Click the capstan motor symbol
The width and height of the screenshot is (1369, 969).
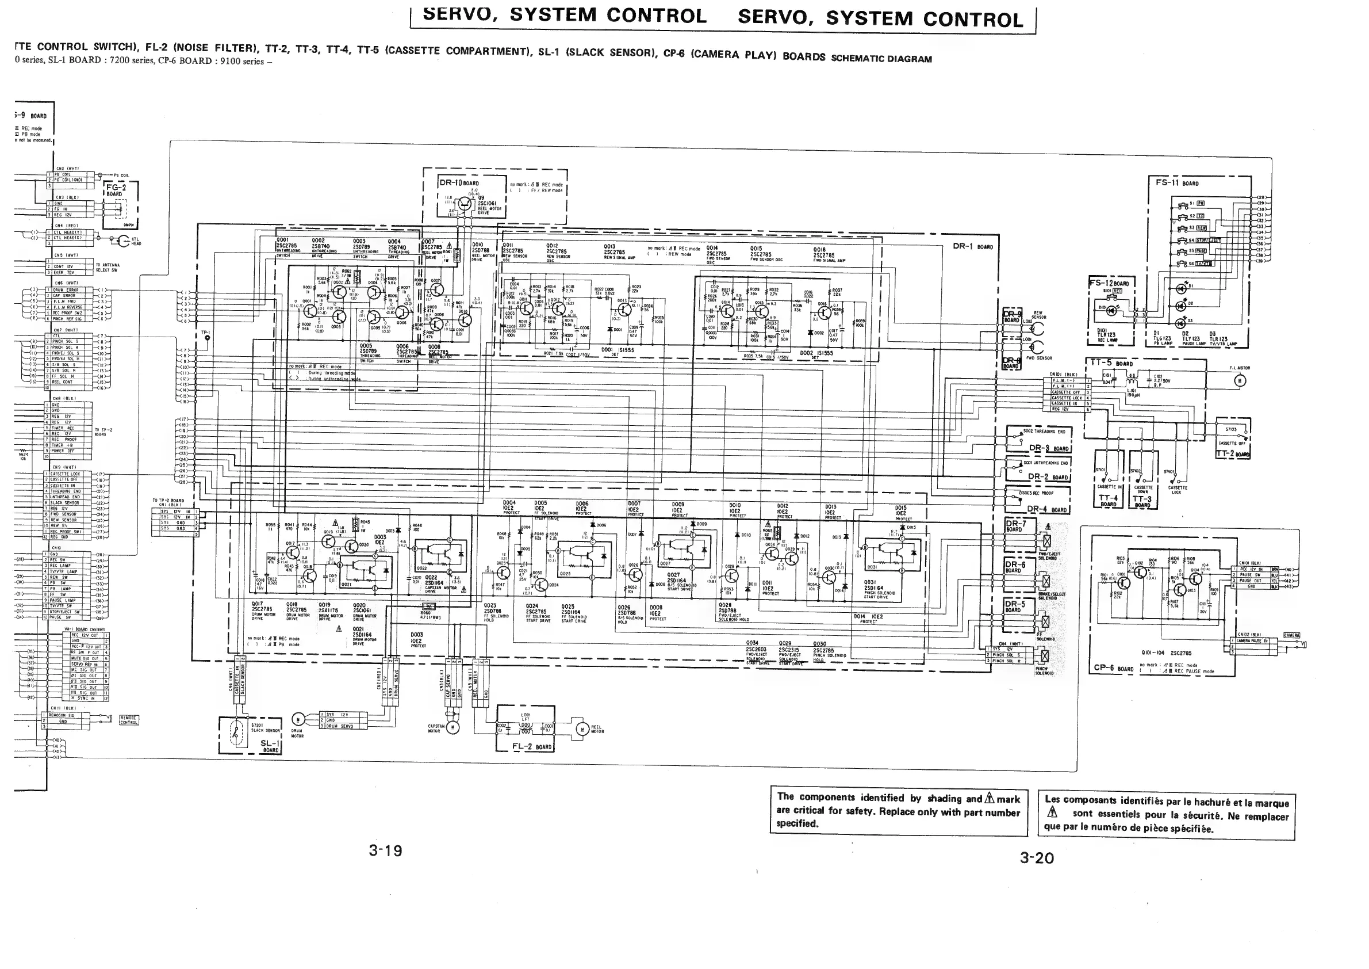pyautogui.click(x=453, y=727)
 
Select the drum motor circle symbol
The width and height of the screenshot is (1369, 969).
pyautogui.click(x=298, y=720)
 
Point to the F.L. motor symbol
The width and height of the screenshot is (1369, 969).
pyautogui.click(x=1240, y=381)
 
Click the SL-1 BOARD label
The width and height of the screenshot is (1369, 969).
pyautogui.click(x=270, y=746)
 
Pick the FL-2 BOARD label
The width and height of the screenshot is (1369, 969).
pyautogui.click(x=532, y=746)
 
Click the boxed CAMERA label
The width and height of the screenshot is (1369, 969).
pyautogui.click(x=1291, y=635)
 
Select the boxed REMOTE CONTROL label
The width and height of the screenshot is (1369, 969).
pyautogui.click(x=129, y=720)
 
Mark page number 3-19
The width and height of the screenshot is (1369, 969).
pyautogui.click(x=385, y=850)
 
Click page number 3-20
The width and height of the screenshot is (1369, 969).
pyautogui.click(x=1037, y=858)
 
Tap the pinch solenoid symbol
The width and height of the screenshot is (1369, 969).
pyautogui.click(x=1044, y=657)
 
